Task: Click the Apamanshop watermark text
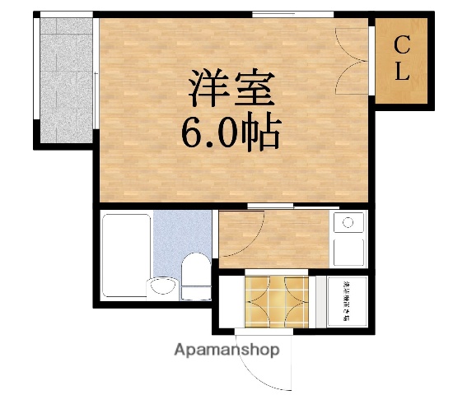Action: [226, 350]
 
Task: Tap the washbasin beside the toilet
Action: [162, 286]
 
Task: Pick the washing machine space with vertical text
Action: [347, 301]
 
